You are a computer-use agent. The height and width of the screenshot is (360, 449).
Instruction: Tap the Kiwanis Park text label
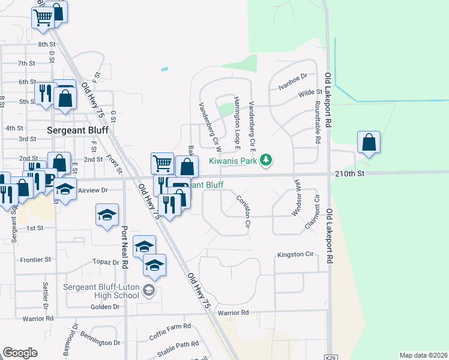coord(233,161)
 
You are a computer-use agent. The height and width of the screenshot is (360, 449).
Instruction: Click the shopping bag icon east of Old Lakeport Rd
coord(369,143)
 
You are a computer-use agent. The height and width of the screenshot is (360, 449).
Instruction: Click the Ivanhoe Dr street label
coord(292,76)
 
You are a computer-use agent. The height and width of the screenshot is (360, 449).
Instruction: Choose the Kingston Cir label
coord(295,254)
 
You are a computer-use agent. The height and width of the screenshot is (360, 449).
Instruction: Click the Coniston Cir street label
coord(243,211)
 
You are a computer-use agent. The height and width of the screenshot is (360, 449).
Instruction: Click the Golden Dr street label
coord(105,306)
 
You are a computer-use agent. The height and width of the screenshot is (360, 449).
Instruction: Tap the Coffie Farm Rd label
coord(170,327)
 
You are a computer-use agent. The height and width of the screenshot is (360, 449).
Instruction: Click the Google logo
coord(20,353)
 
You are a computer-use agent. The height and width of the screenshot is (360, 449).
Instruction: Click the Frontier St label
coord(35,259)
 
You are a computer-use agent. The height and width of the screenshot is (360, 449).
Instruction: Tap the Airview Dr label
coord(92,190)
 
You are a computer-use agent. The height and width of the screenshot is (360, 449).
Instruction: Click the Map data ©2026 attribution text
coord(423,355)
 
